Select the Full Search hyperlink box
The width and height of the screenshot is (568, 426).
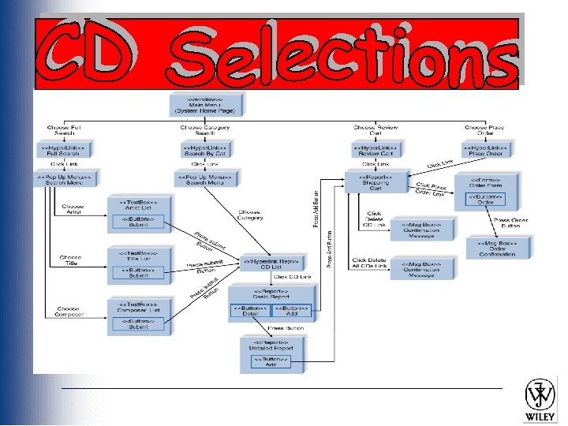click(x=65, y=150)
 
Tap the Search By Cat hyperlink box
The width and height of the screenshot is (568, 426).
click(x=205, y=150)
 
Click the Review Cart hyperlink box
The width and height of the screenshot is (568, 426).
click(x=376, y=150)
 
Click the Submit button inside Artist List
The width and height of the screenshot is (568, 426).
click(x=138, y=224)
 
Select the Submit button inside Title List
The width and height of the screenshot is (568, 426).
click(x=138, y=274)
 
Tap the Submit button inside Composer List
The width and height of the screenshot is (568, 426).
click(x=138, y=323)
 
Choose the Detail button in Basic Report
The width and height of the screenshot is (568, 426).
click(x=249, y=312)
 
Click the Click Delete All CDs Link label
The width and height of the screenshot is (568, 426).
click(x=369, y=263)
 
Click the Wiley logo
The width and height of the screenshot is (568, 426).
click(x=542, y=401)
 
